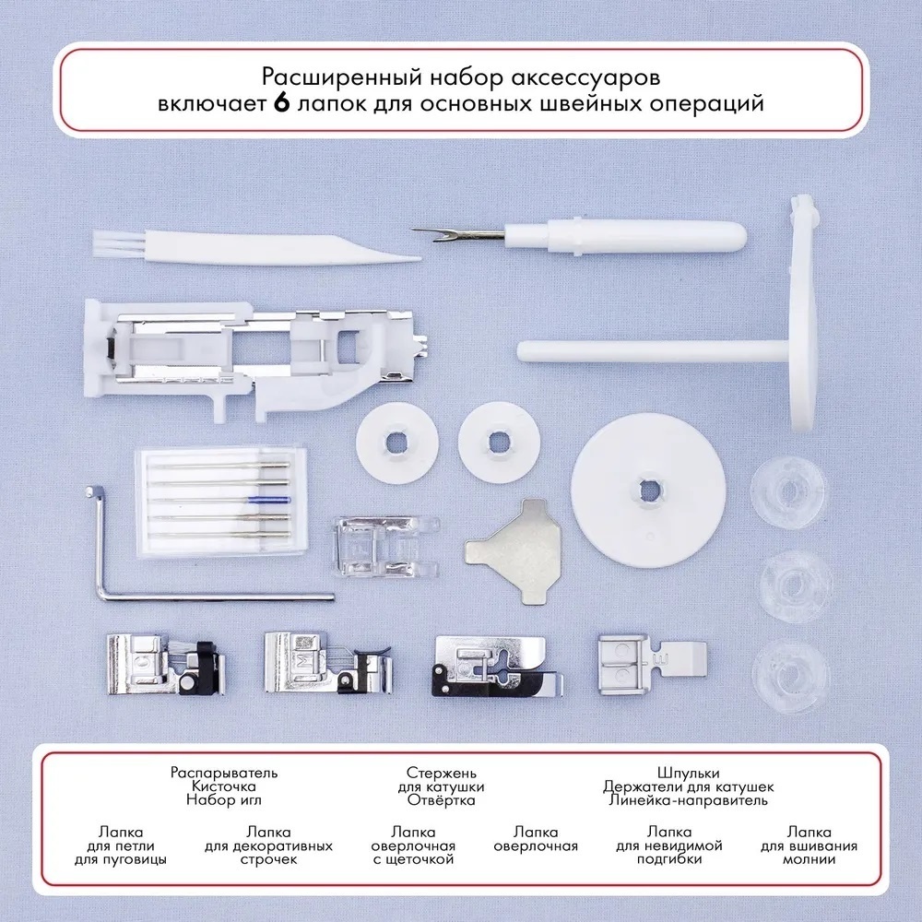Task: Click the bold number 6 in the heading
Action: point(282,103)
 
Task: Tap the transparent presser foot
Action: point(386,546)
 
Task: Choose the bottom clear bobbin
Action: point(791,676)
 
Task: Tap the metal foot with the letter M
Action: point(327,663)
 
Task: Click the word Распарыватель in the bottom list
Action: point(224,772)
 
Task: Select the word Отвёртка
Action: point(441,799)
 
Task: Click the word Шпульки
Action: point(688,773)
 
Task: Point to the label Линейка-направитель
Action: point(688,799)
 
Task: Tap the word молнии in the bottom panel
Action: point(810,859)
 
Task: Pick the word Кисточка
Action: point(224,786)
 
